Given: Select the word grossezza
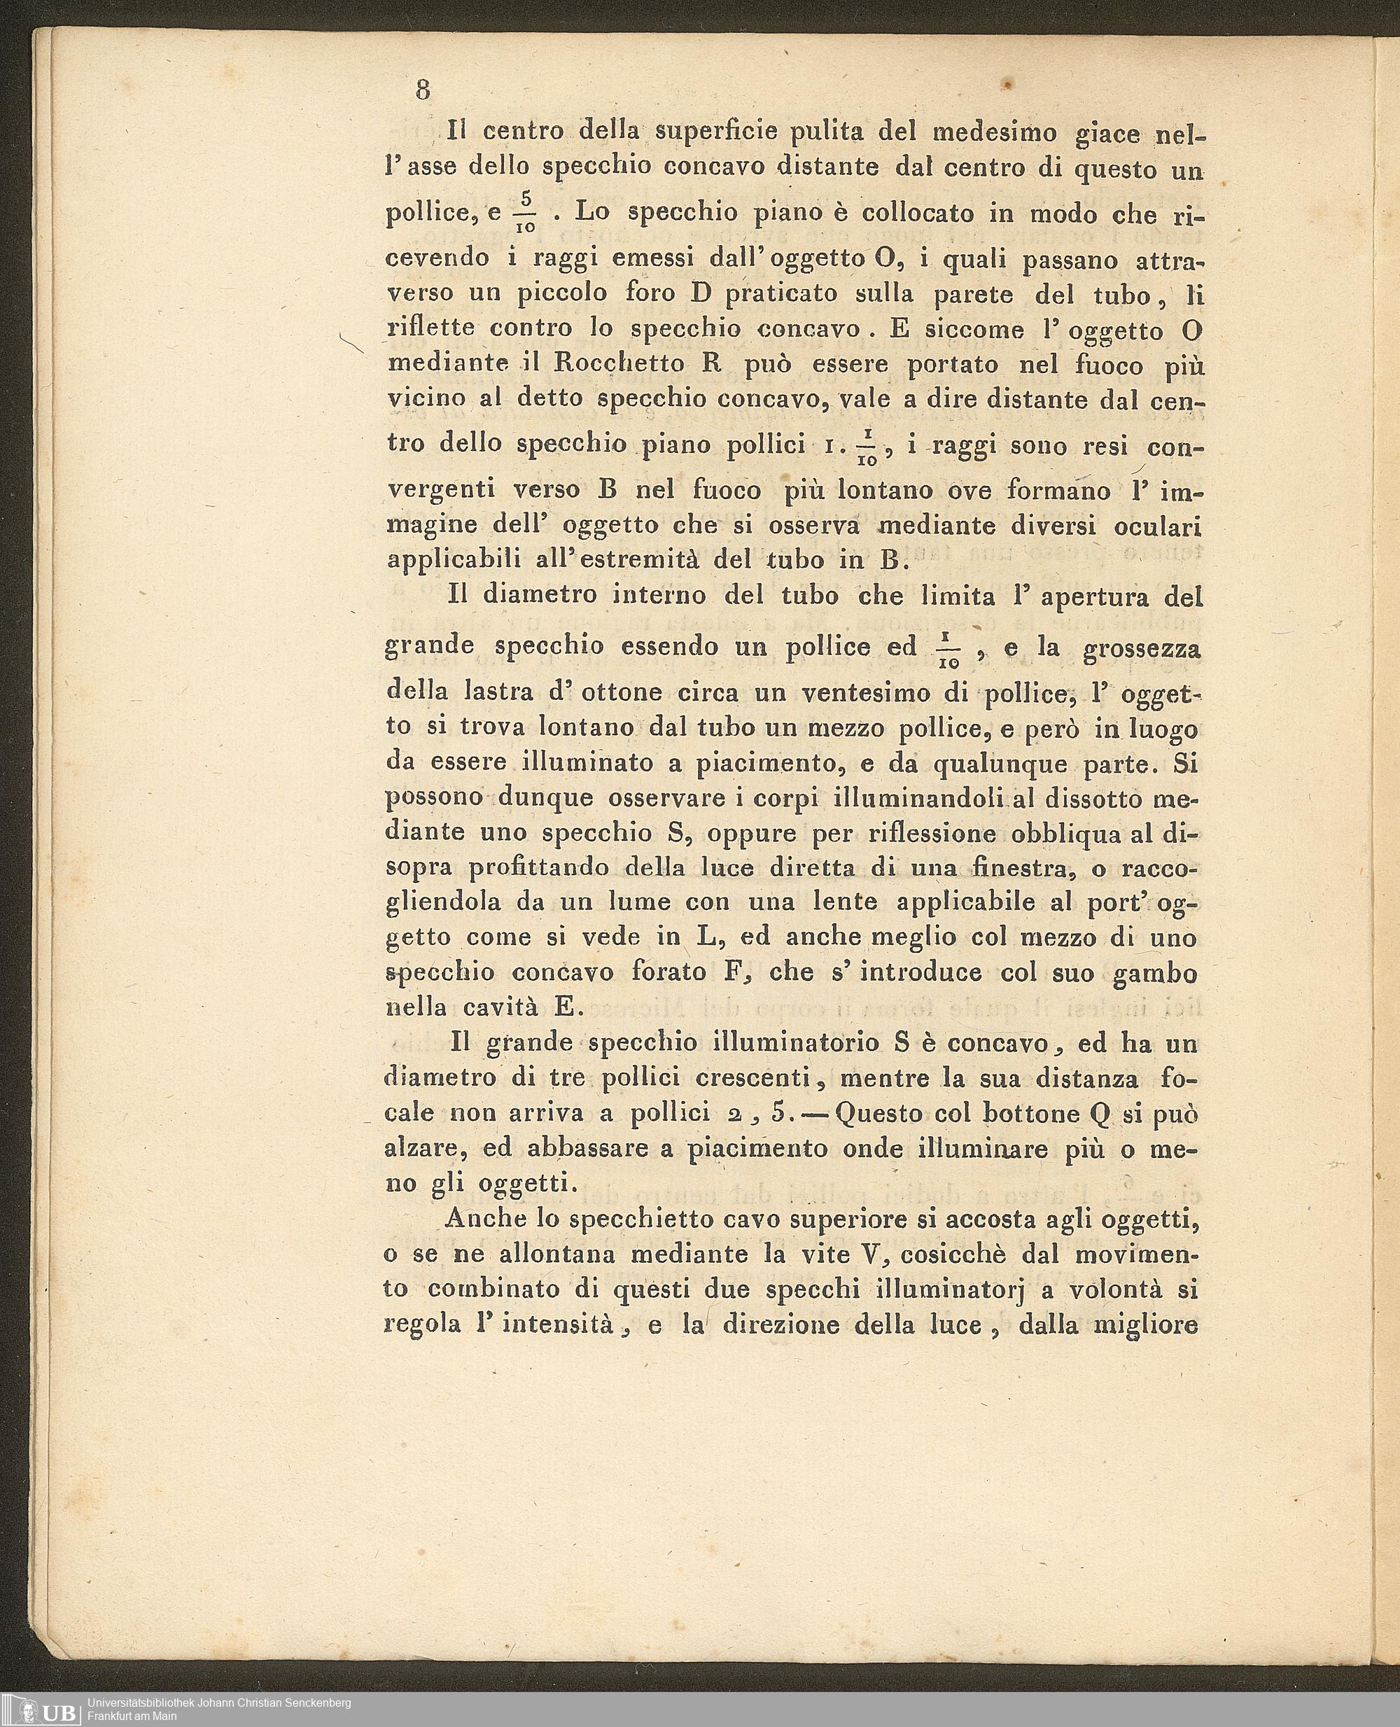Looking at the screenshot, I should [x=1142, y=650].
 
